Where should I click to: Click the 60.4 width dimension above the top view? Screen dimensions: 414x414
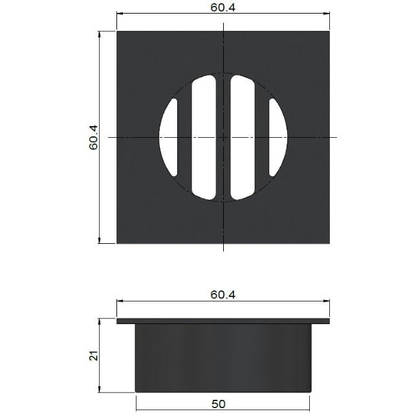(x=223, y=8)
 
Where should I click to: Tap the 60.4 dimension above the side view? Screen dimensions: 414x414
(x=223, y=294)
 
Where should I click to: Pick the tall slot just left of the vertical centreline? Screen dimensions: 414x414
(x=202, y=137)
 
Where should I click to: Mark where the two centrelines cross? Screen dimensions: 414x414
(x=223, y=137)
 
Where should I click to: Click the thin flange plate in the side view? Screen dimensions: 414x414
(x=223, y=321)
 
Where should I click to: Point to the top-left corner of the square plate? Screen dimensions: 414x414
(x=117, y=30)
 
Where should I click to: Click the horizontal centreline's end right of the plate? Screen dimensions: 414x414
(x=337, y=137)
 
